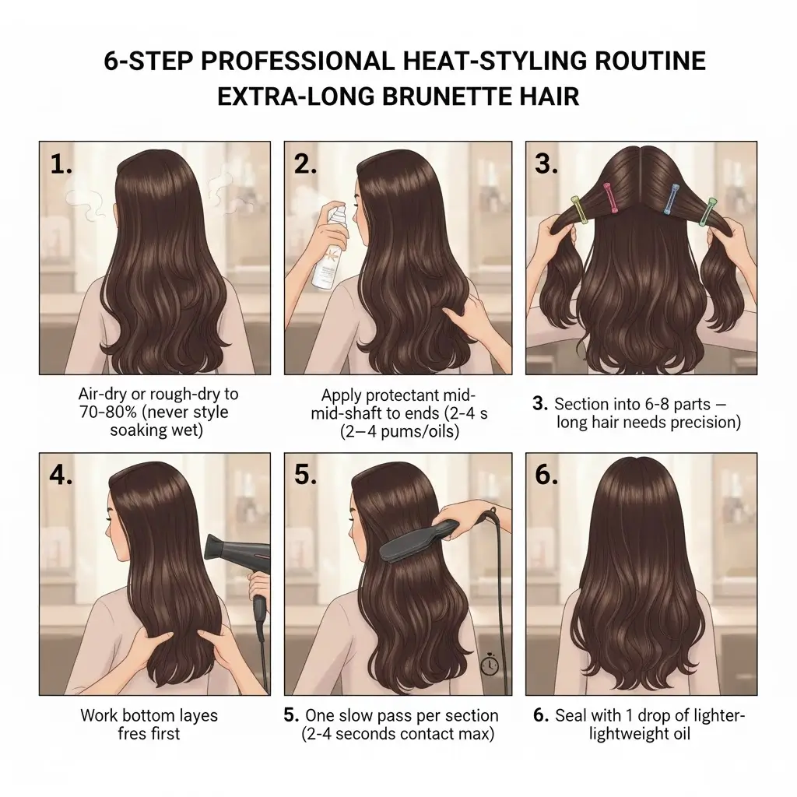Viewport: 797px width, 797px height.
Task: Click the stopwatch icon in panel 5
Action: tap(489, 666)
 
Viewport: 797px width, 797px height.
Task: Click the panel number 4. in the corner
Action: tap(61, 476)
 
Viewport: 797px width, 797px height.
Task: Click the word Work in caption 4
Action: tap(97, 714)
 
